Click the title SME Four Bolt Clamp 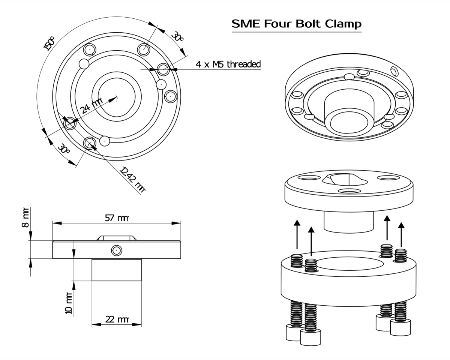297,24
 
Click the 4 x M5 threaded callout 228,64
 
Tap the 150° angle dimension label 49,43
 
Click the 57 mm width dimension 117,218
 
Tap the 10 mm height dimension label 68,303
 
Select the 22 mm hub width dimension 117,319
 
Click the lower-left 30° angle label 64,149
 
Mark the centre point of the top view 117,100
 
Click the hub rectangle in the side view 117,270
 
